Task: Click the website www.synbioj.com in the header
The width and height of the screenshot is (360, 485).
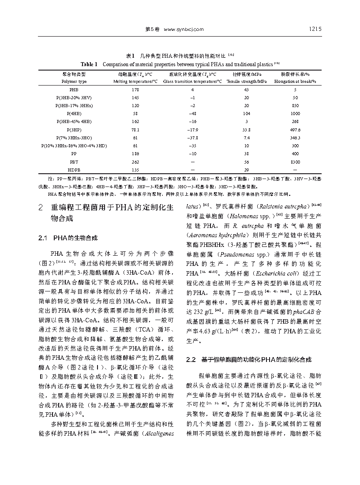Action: [184, 29]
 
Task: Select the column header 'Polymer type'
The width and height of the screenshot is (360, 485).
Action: [74, 82]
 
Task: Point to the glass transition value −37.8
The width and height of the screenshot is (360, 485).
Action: [192, 138]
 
